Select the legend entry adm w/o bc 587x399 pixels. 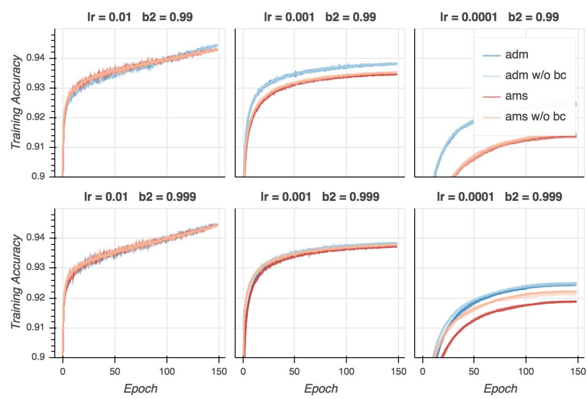pos(535,75)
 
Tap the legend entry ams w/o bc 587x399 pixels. pos(535,116)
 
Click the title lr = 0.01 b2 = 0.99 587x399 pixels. pos(140,17)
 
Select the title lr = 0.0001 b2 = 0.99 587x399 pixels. pos(499,17)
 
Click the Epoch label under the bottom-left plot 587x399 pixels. pos(141,389)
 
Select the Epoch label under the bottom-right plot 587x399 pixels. pos(501,389)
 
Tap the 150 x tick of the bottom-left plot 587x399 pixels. pos(218,370)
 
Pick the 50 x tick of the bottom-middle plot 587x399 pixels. pos(295,370)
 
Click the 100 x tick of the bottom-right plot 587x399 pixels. pos(526,370)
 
